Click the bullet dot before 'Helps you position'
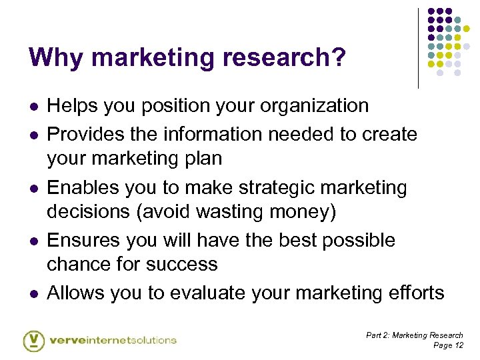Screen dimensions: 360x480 [33, 107]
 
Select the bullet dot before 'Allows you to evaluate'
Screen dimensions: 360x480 [33, 293]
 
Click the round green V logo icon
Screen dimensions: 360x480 [33, 340]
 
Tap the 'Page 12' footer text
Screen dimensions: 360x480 [448, 345]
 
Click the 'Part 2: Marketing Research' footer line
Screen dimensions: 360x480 [414, 335]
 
